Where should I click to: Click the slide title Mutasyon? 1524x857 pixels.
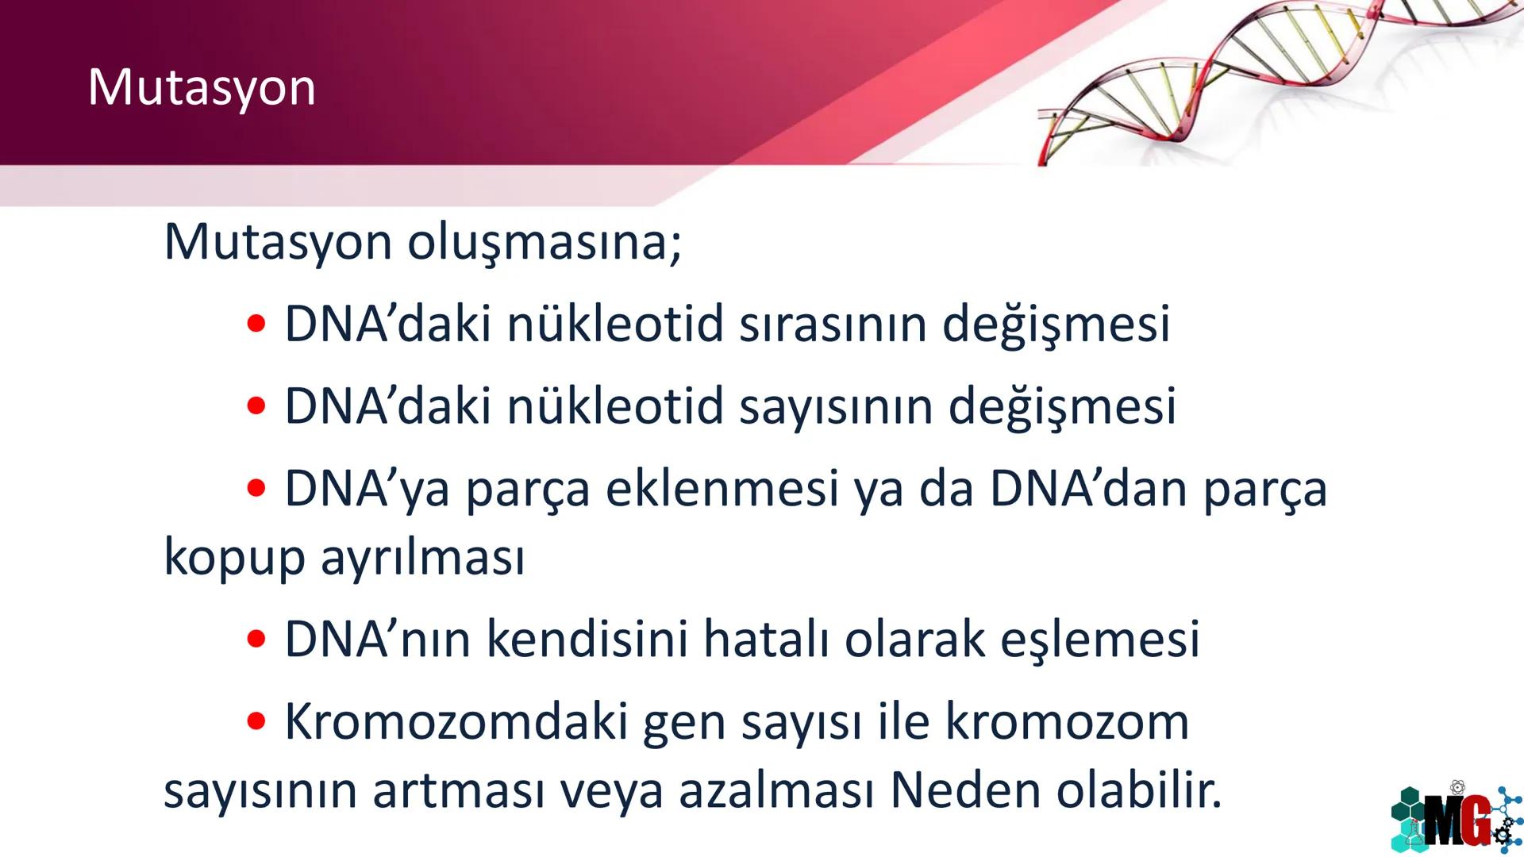click(202, 87)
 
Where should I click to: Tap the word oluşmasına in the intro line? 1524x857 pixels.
click(544, 242)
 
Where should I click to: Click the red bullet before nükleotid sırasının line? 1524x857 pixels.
click(256, 324)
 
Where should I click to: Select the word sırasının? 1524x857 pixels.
click(833, 325)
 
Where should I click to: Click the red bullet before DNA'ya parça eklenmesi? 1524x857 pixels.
click(256, 488)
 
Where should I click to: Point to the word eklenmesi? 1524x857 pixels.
click(722, 489)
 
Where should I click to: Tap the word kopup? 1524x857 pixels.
click(234, 558)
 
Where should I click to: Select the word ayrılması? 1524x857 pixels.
click(422, 558)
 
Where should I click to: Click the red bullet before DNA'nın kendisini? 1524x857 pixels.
click(256, 639)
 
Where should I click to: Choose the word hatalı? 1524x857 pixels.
click(766, 639)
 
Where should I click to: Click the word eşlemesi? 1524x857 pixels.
click(1099, 640)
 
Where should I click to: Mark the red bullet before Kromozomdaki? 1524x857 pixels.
click(256, 721)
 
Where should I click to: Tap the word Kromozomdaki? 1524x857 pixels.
click(456, 722)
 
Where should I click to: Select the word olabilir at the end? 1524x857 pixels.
click(1138, 790)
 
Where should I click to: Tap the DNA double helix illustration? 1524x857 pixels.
click(1270, 79)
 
